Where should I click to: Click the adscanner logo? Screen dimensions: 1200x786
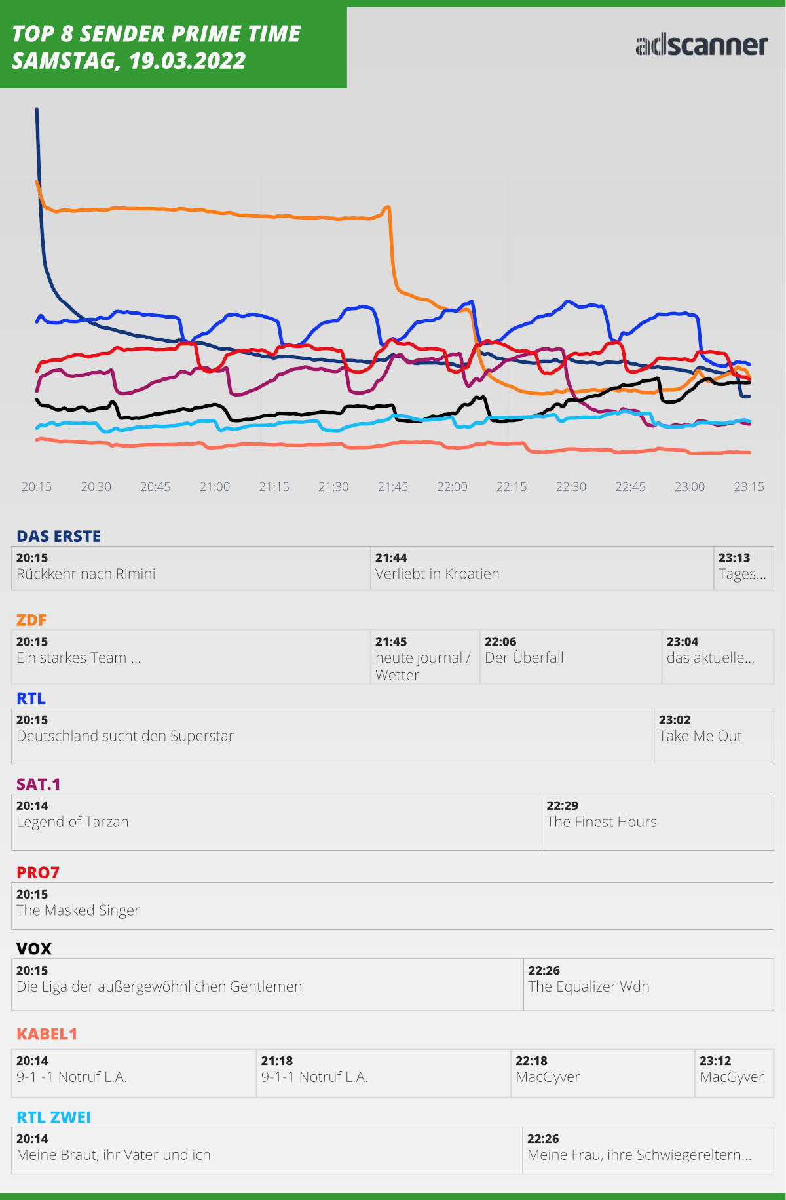pyautogui.click(x=701, y=45)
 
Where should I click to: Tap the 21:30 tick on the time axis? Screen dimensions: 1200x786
pyautogui.click(x=333, y=487)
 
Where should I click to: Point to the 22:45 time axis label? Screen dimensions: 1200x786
pyautogui.click(x=630, y=487)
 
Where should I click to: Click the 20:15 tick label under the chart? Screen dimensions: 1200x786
pyautogui.click(x=37, y=487)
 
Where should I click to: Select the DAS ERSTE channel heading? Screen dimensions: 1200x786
pyautogui.click(x=58, y=536)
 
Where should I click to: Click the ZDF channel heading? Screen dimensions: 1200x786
pyautogui.click(x=31, y=619)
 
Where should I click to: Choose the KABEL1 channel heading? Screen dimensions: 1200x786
pyautogui.click(x=47, y=1034)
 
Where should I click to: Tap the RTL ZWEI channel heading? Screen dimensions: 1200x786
pyautogui.click(x=54, y=1117)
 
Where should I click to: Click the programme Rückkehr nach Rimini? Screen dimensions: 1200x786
pyautogui.click(x=86, y=574)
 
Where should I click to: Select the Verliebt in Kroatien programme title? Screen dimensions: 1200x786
pyautogui.click(x=437, y=574)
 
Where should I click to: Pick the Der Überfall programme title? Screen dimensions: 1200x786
pyautogui.click(x=524, y=658)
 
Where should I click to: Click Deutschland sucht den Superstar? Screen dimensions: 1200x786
pyautogui.click(x=124, y=736)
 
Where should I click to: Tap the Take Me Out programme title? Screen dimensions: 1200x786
pyautogui.click(x=700, y=736)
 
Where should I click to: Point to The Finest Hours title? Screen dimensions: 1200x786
pyautogui.click(x=601, y=822)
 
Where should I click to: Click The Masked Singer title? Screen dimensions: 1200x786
pyautogui.click(x=78, y=910)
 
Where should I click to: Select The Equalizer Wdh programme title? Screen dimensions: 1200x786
pyautogui.click(x=588, y=987)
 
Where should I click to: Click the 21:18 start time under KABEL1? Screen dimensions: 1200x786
pyautogui.click(x=277, y=1061)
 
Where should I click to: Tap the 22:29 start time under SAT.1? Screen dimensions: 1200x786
pyautogui.click(x=563, y=806)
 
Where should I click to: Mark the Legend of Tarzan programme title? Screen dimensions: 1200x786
pyautogui.click(x=73, y=822)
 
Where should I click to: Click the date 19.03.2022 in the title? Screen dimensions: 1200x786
pyautogui.click(x=187, y=61)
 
